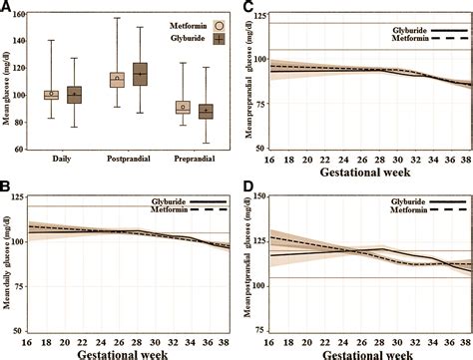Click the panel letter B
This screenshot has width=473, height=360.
[x=7, y=186]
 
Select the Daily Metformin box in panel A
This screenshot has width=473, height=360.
[x=51, y=95]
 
